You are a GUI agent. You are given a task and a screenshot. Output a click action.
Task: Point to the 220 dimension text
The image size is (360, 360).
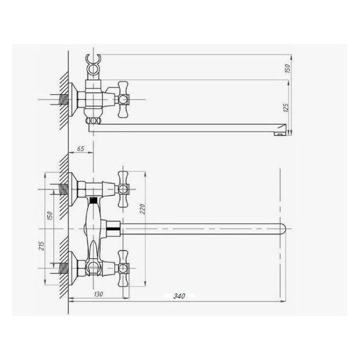[142, 209]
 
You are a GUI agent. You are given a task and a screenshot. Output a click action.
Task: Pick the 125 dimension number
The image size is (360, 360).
[286, 108]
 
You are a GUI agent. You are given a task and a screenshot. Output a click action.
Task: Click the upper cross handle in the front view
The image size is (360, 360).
[124, 188]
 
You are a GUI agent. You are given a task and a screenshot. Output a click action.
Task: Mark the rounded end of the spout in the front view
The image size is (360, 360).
[283, 228]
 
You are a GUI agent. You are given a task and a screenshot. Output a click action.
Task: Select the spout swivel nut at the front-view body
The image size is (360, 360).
[112, 228]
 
